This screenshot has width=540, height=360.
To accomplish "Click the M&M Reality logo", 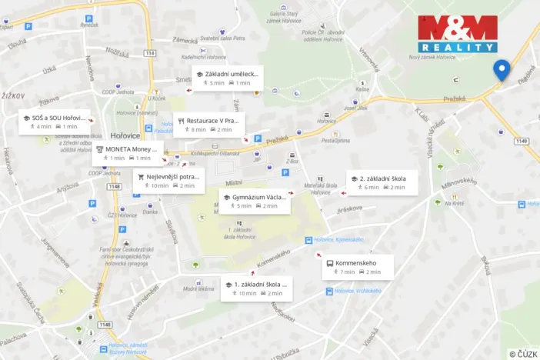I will (x=457, y=33).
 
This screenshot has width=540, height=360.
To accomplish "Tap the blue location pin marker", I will (x=502, y=70).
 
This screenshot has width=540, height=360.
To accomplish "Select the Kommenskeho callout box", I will (x=358, y=267).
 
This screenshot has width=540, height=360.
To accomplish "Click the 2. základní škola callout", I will (x=382, y=182).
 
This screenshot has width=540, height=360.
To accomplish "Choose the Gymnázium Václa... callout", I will (x=254, y=201).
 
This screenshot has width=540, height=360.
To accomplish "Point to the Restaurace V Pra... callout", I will (x=208, y=125).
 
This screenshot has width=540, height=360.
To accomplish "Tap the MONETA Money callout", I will (x=128, y=153).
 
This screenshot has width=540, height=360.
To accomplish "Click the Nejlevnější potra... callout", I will (x=169, y=181).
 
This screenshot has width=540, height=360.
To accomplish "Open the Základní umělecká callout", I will (x=228, y=78).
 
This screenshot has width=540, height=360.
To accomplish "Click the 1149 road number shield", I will (x=522, y=141).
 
